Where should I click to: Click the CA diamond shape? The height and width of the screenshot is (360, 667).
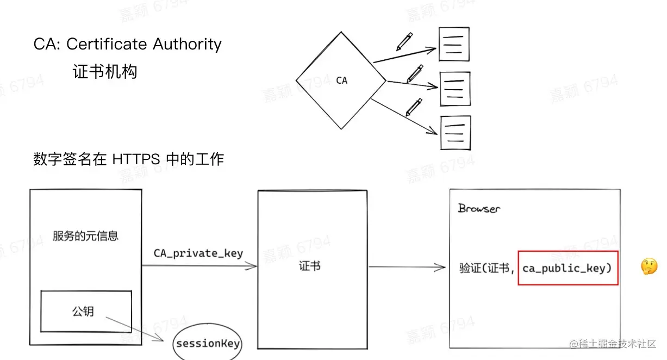pyautogui.click(x=341, y=81)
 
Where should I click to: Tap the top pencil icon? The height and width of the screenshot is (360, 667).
pyautogui.click(x=404, y=41)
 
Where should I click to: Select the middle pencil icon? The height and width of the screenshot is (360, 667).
pyautogui.click(x=415, y=73)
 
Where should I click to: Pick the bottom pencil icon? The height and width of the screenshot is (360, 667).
pyautogui.click(x=414, y=107)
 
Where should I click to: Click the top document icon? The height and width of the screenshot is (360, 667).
pyautogui.click(x=454, y=44)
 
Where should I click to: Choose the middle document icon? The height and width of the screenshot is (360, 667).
pyautogui.click(x=454, y=88)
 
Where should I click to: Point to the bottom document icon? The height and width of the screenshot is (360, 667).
pyautogui.click(x=455, y=132)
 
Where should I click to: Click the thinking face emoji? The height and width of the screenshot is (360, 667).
pyautogui.click(x=649, y=266)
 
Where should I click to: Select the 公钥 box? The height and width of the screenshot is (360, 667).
pyautogui.click(x=86, y=311)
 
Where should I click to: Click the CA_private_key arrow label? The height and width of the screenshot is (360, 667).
pyautogui.click(x=198, y=253)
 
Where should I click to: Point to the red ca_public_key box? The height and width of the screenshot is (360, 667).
pyautogui.click(x=568, y=268)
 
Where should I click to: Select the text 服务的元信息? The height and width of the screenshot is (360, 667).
pyautogui.click(x=85, y=235)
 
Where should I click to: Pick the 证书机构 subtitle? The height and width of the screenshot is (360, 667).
pyautogui.click(x=105, y=72)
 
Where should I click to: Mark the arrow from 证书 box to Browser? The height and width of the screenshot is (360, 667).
pyautogui.click(x=407, y=267)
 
